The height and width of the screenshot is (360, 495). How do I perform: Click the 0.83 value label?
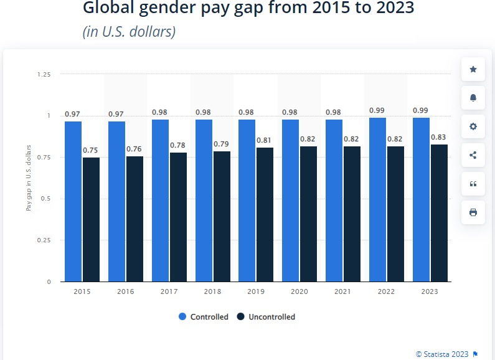click(438, 137)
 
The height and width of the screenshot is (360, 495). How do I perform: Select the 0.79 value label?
click(222, 144)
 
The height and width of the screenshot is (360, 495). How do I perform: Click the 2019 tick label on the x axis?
click(256, 291)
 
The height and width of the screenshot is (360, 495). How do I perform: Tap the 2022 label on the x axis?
click(386, 291)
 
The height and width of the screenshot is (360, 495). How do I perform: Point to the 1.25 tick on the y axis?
click(44, 74)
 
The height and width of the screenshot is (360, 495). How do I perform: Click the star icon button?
click(473, 69)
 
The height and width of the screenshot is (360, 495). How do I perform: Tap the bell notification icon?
click(473, 98)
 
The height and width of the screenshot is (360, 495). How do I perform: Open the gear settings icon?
click(473, 126)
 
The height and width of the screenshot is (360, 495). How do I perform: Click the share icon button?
click(473, 155)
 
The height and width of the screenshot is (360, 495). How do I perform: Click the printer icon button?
click(473, 212)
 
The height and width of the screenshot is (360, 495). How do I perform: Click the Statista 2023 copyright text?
click(441, 354)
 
